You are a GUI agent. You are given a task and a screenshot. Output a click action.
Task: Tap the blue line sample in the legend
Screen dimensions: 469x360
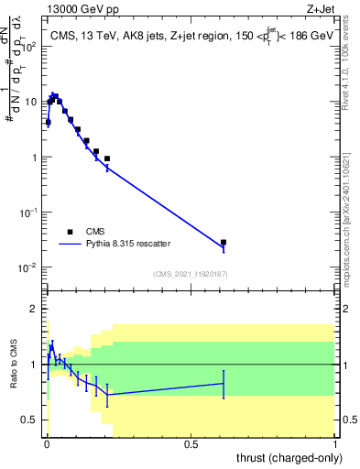(x=69, y=245)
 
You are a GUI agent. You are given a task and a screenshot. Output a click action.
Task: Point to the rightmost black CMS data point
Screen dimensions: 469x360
(x=224, y=243)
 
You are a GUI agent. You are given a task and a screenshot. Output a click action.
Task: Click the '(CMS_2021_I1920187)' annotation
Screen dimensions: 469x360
(x=191, y=274)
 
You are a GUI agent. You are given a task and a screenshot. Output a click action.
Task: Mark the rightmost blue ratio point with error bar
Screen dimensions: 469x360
(x=224, y=384)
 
